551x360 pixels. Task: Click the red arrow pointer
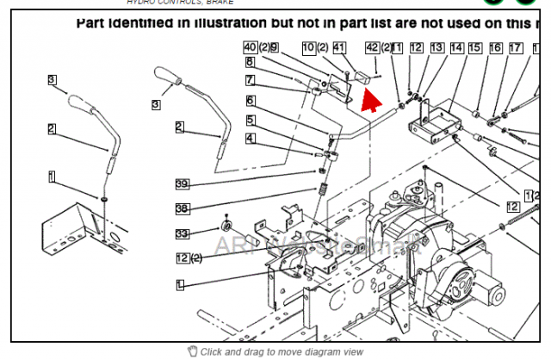(371, 97)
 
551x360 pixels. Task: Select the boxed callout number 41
(339, 47)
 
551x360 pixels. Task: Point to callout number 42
(372, 47)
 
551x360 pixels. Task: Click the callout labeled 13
(437, 48)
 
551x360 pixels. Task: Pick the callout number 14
(456, 48)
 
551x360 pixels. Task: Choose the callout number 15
(474, 48)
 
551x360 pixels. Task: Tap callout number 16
(495, 48)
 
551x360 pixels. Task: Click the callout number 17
(515, 48)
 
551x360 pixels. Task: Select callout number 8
(249, 62)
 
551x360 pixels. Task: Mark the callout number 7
(249, 80)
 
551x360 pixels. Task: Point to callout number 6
(249, 101)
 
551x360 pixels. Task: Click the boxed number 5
(249, 119)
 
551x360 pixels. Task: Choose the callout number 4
(249, 138)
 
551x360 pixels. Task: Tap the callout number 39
(182, 183)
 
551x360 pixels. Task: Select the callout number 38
(182, 208)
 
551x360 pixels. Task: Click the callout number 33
(182, 233)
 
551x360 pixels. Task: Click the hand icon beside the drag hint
(192, 351)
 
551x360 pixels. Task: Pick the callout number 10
(309, 47)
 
